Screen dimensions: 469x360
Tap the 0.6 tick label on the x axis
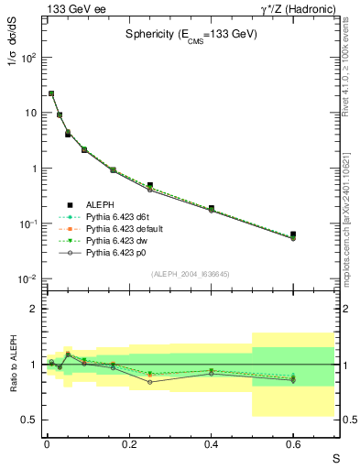(293, 442)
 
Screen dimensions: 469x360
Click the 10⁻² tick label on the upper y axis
(27, 279)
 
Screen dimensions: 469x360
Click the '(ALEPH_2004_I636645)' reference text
(190, 275)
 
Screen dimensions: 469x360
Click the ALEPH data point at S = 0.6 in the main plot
(293, 234)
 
